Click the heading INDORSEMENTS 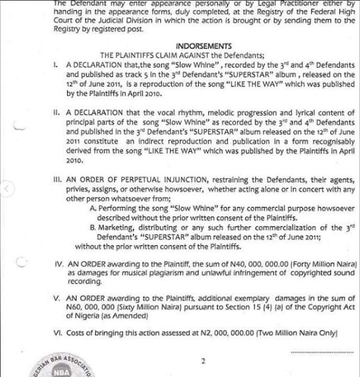(x=204, y=47)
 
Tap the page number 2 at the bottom (x=204, y=361)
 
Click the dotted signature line (x=322, y=353)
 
